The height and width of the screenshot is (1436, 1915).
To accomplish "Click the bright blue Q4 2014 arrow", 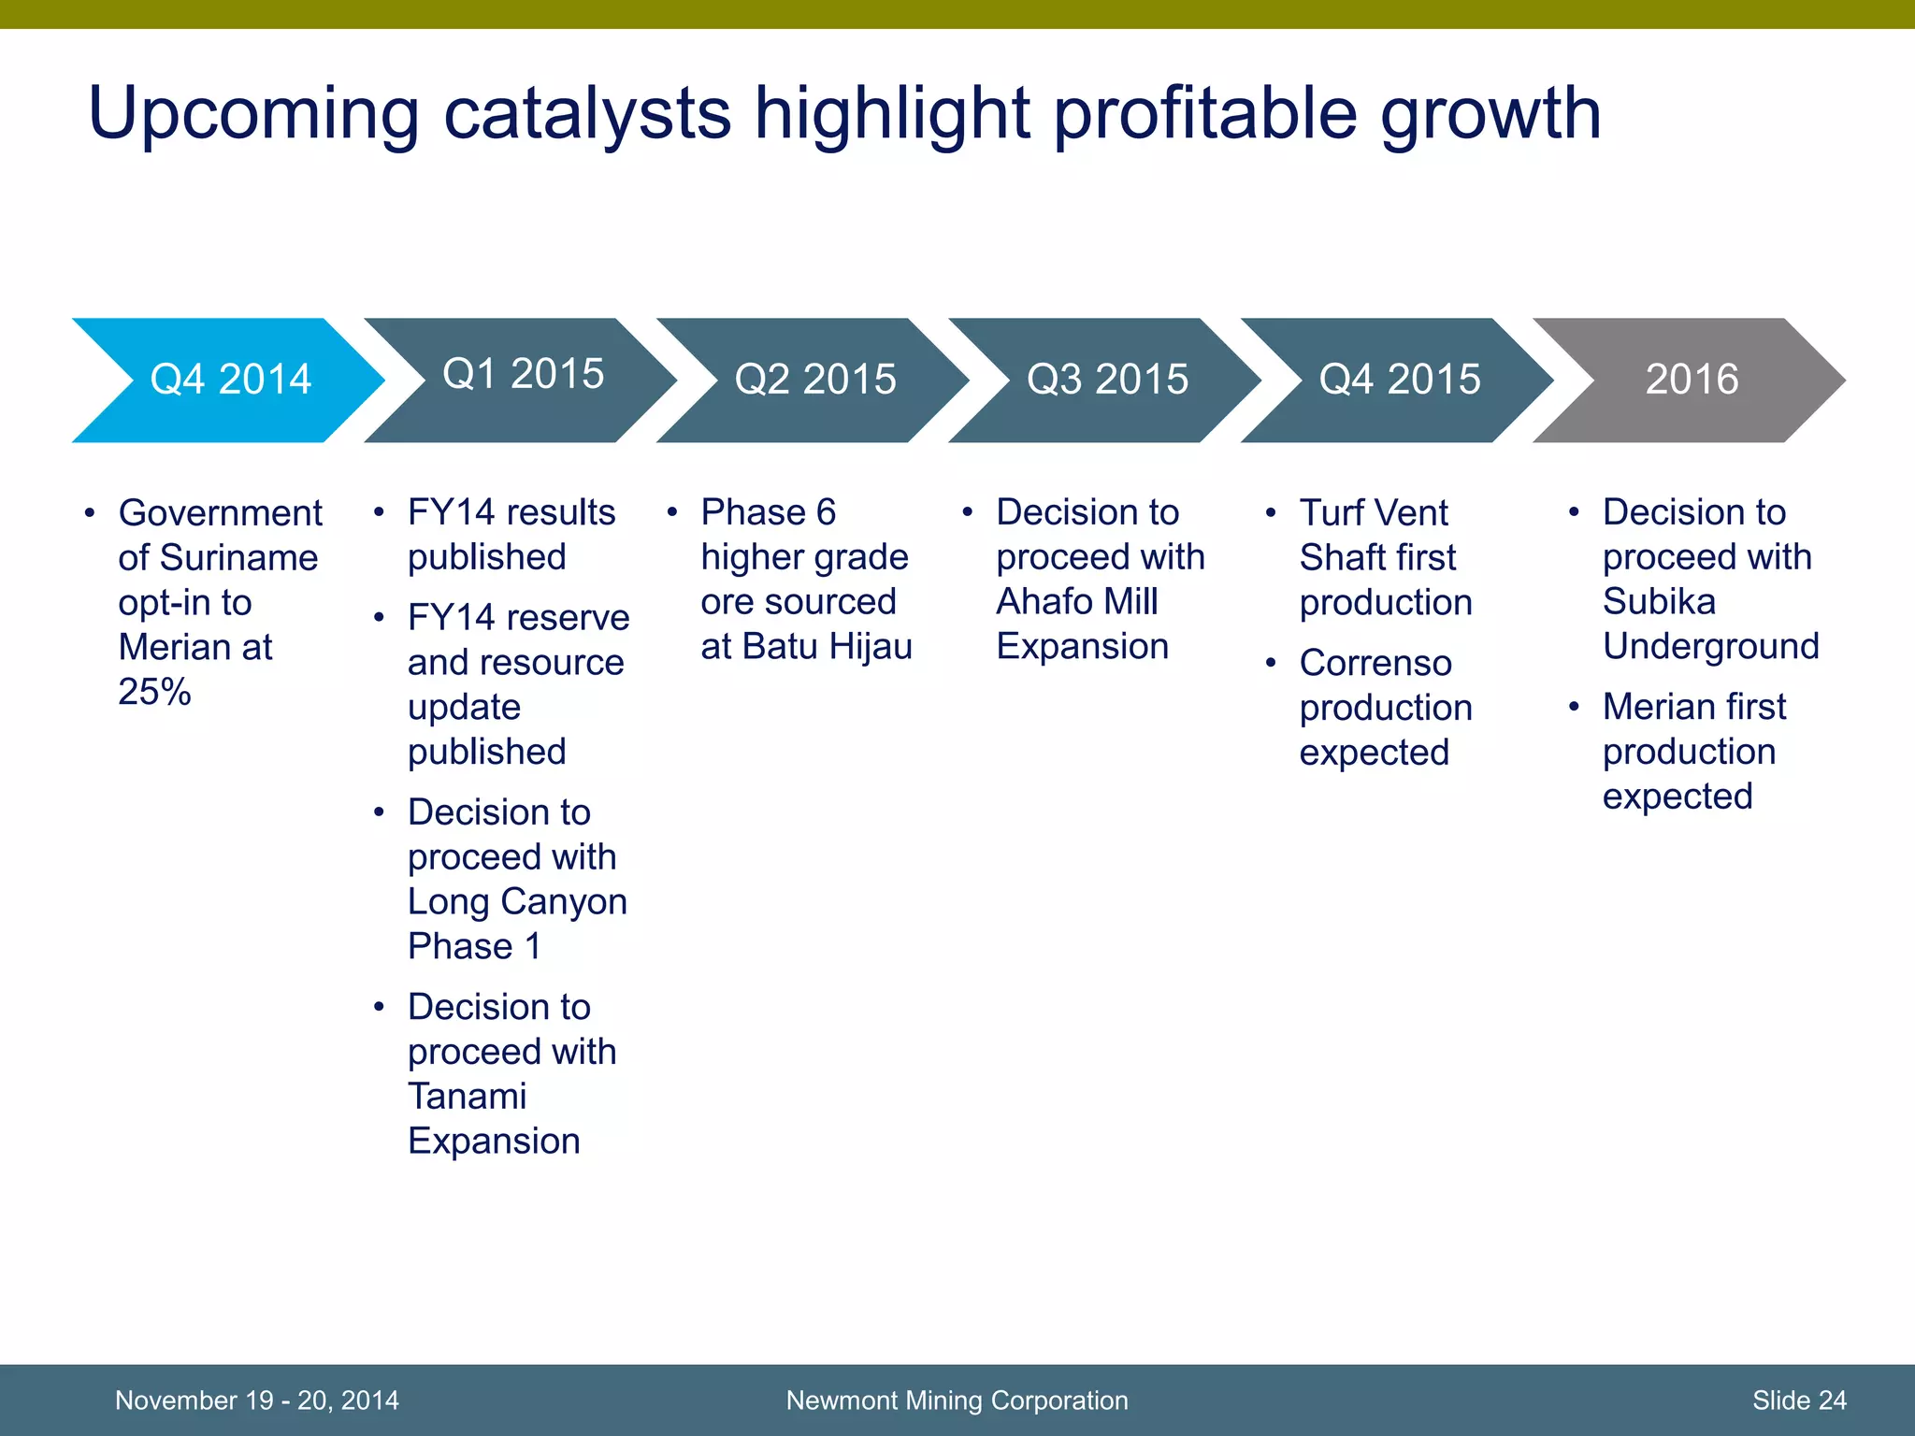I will pyautogui.click(x=230, y=380).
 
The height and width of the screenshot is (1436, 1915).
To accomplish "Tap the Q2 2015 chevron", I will pyautogui.click(x=814, y=380).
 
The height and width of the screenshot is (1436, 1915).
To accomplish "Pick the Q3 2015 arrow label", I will pyautogui.click(x=1107, y=380).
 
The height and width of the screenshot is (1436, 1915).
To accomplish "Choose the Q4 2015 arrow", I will pyautogui.click(x=1399, y=380).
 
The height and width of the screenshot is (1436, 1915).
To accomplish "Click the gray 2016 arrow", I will pyautogui.click(x=1691, y=380).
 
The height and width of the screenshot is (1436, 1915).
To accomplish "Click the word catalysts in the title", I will pyautogui.click(x=586, y=114).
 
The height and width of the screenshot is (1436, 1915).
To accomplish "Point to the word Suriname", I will pyautogui.click(x=239, y=558).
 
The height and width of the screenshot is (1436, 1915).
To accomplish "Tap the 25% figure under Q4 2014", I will pyautogui.click(x=154, y=692).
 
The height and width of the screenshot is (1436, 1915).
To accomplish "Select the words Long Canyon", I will pyautogui.click(x=517, y=902).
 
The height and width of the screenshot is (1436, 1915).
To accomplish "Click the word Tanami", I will pyautogui.click(x=467, y=1097).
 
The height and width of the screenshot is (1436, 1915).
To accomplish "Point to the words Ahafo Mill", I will pyautogui.click(x=1076, y=602).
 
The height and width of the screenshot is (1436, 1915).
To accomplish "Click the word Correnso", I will pyautogui.click(x=1375, y=663).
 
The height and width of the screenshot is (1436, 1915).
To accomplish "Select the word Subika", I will pyautogui.click(x=1659, y=602).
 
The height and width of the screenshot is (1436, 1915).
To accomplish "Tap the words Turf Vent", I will pyautogui.click(x=1373, y=513).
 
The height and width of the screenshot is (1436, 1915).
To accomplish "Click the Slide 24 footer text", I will pyautogui.click(x=1798, y=1400).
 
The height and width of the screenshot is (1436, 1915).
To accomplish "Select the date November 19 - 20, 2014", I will pyautogui.click(x=256, y=1400).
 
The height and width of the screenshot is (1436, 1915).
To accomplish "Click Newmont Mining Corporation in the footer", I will pyautogui.click(x=957, y=1400).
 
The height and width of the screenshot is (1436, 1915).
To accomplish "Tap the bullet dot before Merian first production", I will pyautogui.click(x=1574, y=707).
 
